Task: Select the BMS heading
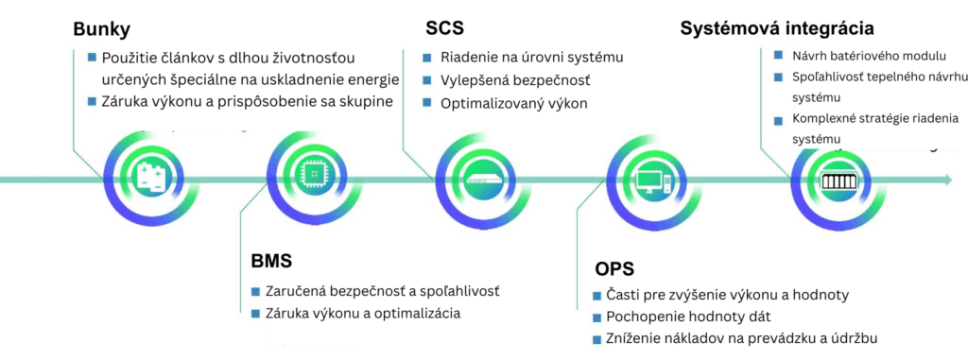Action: tap(273, 259)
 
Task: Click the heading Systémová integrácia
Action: tap(777, 28)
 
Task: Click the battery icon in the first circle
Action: tap(149, 178)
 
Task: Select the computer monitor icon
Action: tap(652, 179)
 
